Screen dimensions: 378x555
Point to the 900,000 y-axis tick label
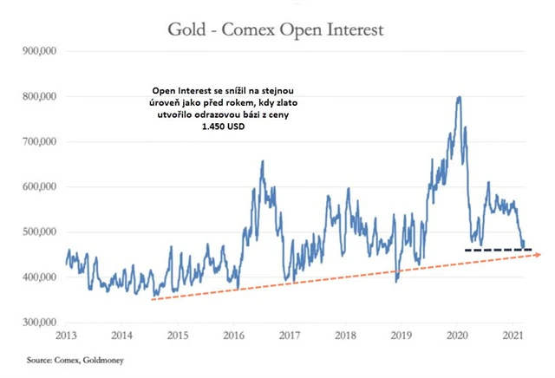pos(37,51)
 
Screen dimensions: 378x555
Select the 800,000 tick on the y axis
pos(37,96)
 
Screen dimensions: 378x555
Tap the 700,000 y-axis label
pos(37,141)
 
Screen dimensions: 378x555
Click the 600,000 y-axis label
pos(37,186)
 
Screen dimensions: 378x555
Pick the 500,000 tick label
pos(37,231)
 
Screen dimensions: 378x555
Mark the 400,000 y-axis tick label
pos(37,277)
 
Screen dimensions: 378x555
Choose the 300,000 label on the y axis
pos(37,322)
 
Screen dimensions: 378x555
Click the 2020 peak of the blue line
pos(458,97)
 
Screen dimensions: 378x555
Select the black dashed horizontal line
pos(498,250)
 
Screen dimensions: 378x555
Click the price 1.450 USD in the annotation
pos(224,126)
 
